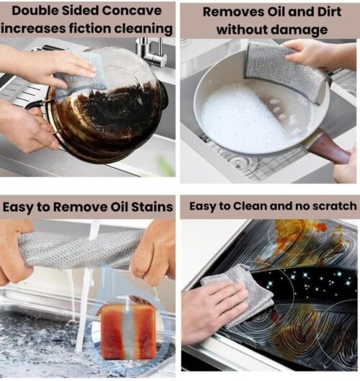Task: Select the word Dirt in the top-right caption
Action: coord(329,12)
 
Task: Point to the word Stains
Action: coord(152,207)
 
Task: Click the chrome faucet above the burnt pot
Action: coord(152,53)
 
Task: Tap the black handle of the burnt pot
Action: coord(37,105)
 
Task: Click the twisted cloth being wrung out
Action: coord(80,250)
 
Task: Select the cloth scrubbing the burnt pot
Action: coord(79,76)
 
